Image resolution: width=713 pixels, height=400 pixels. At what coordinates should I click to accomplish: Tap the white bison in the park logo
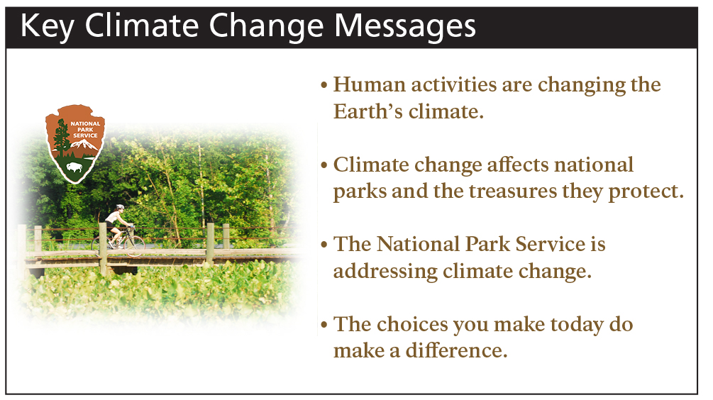click(73, 168)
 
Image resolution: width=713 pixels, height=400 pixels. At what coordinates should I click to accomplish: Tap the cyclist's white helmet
click(120, 208)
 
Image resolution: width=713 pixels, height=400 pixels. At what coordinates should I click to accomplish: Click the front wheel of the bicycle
click(134, 245)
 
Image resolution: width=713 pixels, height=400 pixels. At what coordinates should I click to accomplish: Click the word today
click(574, 324)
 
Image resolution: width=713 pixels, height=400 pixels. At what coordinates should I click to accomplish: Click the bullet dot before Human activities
click(324, 87)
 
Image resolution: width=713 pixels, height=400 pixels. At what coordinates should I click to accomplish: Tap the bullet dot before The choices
click(324, 326)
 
